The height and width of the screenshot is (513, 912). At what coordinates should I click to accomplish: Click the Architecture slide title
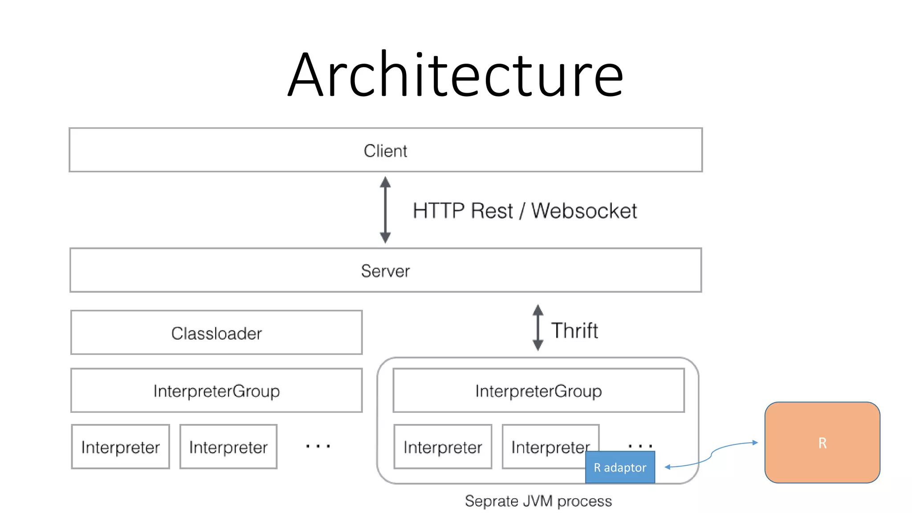(x=455, y=75)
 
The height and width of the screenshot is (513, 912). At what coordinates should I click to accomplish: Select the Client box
(x=386, y=151)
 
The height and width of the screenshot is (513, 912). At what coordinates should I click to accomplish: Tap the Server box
(x=386, y=270)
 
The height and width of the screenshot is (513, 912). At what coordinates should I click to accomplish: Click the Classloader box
(x=216, y=333)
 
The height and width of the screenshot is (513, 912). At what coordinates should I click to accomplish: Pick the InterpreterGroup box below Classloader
(x=216, y=391)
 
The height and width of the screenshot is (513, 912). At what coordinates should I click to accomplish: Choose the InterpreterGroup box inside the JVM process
(x=538, y=391)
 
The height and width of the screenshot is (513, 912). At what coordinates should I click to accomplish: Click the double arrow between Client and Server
(x=385, y=210)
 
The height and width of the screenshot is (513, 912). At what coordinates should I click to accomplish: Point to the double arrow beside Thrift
(x=538, y=328)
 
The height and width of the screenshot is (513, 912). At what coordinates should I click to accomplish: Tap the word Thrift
(x=574, y=330)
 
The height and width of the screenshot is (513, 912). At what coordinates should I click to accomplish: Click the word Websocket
(x=584, y=211)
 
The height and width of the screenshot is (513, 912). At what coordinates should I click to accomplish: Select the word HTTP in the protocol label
(x=439, y=211)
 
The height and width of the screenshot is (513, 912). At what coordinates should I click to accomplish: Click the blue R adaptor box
(x=620, y=468)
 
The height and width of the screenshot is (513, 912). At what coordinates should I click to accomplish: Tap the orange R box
(x=822, y=443)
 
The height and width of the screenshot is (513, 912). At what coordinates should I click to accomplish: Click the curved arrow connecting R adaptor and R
(x=711, y=455)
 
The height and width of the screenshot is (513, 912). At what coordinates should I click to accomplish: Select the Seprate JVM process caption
(x=538, y=501)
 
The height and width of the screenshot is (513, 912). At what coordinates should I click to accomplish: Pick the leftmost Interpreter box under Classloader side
(x=120, y=447)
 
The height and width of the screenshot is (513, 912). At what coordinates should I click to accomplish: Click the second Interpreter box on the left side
(x=228, y=447)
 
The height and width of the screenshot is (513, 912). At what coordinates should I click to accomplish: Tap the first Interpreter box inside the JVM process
(x=443, y=447)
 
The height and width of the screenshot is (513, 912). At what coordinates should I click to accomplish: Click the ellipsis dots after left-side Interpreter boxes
(x=318, y=446)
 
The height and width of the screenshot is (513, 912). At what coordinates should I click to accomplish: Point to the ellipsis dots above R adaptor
(x=640, y=445)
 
